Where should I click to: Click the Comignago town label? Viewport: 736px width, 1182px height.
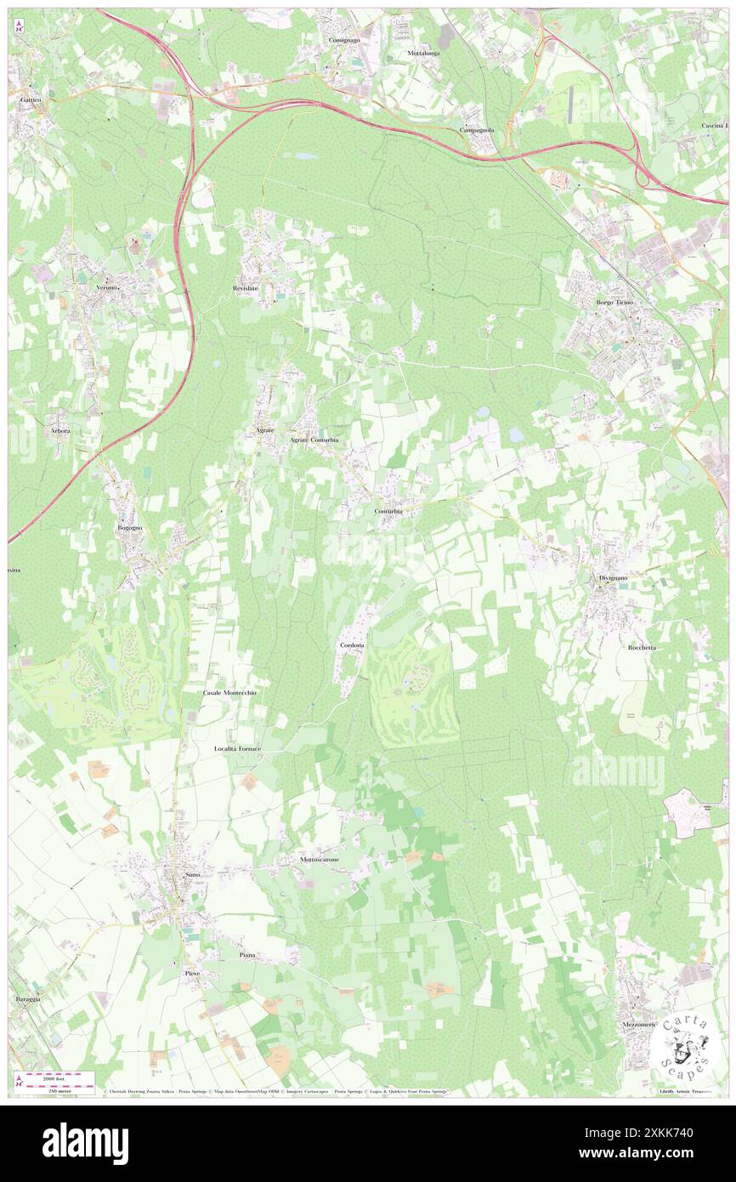[x=344, y=40]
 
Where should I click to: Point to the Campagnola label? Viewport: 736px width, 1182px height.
[x=477, y=130]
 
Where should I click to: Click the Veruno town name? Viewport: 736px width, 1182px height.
[x=106, y=288]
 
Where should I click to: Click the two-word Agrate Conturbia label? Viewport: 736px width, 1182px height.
[x=314, y=440]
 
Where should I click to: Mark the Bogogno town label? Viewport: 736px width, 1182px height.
[x=129, y=528]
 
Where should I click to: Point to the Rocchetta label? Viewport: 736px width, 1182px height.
[x=642, y=647]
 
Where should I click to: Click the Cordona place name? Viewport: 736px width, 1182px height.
[x=351, y=646]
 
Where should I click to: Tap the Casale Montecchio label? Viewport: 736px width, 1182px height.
[x=229, y=693]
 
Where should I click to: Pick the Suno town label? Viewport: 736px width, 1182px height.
[x=192, y=874]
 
